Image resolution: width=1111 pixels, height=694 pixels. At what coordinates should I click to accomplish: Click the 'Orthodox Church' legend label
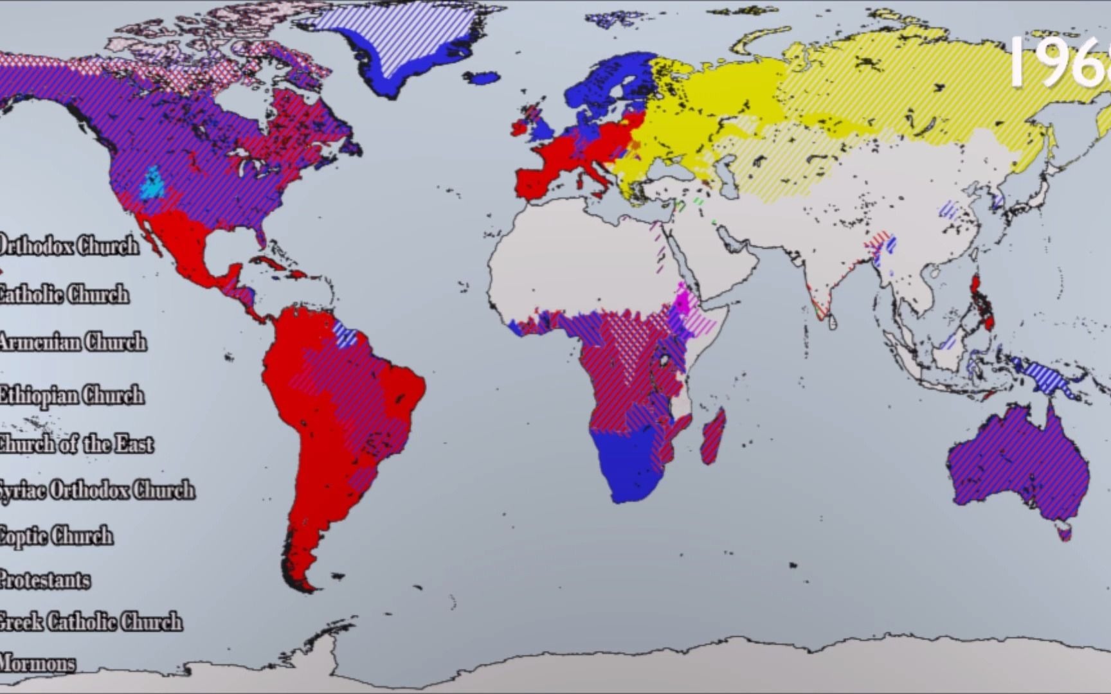click(x=68, y=245)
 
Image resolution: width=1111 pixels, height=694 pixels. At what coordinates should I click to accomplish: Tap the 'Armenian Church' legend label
click(x=72, y=342)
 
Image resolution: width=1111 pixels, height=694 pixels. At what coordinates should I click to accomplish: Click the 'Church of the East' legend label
click(x=76, y=444)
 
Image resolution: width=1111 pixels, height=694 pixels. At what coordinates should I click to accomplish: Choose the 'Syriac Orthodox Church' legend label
click(x=96, y=490)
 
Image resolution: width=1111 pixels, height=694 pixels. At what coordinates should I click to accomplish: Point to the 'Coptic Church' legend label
click(x=56, y=536)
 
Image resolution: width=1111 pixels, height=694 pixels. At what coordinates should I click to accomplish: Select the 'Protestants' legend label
click(x=44, y=580)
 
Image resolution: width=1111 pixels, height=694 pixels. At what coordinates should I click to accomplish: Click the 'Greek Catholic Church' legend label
click(x=90, y=622)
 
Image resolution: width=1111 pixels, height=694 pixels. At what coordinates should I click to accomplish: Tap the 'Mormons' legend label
click(x=37, y=663)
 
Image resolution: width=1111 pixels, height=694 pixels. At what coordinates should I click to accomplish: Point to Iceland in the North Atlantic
click(x=482, y=78)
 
